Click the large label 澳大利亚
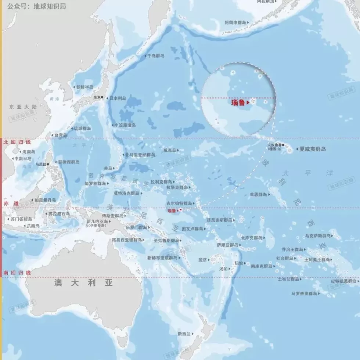pos(83,282)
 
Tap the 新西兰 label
pos(184,334)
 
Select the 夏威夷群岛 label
pos(312,149)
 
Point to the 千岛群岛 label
pos(155,56)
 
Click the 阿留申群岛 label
pos(236,22)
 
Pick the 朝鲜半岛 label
pos(85,87)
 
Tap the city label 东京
pos(97,98)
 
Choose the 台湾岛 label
pos(60,135)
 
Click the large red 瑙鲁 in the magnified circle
pos(238,103)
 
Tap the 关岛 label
pos(108,168)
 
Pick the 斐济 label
pos(203,259)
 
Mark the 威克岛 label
pos(169,150)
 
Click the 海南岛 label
pos(29,151)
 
